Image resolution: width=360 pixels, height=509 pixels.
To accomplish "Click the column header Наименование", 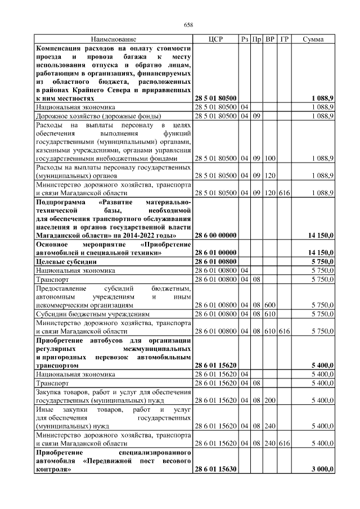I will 114,39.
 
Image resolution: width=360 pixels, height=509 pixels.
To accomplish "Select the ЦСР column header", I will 215,39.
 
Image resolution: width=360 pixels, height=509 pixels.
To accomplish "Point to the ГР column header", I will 284,39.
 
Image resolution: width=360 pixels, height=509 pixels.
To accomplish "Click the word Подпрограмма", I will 60,201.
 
